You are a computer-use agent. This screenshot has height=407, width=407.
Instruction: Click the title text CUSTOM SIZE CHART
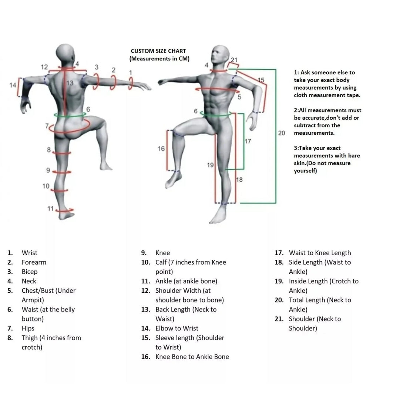[x=158, y=51]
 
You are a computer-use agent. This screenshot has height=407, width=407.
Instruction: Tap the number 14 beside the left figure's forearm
[x=13, y=85]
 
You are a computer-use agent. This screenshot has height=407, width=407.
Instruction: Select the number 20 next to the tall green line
[x=282, y=133]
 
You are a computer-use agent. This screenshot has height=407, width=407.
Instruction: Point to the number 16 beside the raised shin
[x=161, y=149]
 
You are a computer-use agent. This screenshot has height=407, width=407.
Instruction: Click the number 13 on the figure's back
[x=70, y=83]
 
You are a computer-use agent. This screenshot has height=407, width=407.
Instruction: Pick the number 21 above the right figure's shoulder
[x=234, y=60]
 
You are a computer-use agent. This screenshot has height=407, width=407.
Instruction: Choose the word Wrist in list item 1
[x=30, y=253]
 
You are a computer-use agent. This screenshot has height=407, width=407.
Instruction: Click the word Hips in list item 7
[x=28, y=329]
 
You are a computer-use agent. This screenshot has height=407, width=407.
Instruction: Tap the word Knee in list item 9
[x=163, y=253]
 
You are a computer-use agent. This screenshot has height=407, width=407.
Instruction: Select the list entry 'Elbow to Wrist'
[x=177, y=329]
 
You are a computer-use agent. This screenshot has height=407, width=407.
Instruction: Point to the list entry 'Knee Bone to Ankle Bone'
[x=192, y=357]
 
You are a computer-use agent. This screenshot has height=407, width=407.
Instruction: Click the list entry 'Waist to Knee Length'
[x=320, y=253]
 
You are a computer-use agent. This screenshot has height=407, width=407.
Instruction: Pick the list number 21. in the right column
[x=279, y=319]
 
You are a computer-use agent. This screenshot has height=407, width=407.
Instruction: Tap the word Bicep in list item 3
[x=30, y=272]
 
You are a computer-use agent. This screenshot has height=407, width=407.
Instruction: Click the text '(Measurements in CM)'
[x=159, y=59]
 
